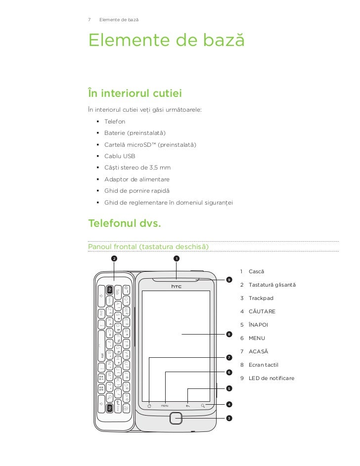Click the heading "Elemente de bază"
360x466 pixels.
(166, 41)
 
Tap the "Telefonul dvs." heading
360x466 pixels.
(124, 223)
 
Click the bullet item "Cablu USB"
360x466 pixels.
(120, 156)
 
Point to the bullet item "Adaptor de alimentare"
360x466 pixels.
(136, 179)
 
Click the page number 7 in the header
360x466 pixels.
(89, 20)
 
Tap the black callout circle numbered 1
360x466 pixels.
(176, 258)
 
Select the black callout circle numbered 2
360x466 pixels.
(114, 258)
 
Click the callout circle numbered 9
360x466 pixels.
(228, 280)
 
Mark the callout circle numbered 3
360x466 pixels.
(228, 419)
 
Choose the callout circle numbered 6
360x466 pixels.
(228, 372)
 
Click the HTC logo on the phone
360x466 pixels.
(177, 286)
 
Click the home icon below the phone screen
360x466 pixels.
(149, 406)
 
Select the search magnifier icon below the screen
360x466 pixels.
(203, 406)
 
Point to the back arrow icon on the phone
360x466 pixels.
(188, 406)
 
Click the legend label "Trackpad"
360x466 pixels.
(261, 298)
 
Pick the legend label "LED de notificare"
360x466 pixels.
(271, 379)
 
